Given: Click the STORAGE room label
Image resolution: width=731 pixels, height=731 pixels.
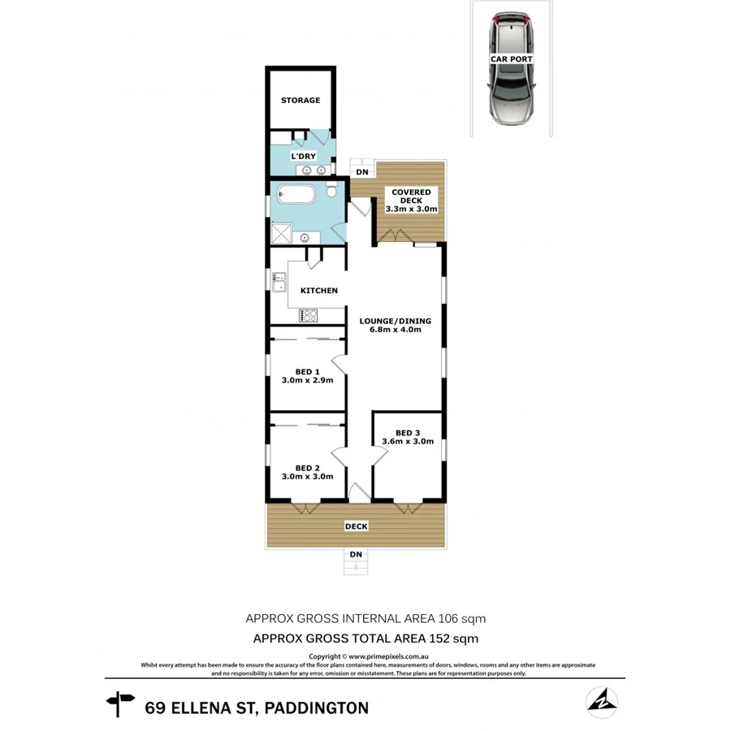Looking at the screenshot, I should pos(301,101).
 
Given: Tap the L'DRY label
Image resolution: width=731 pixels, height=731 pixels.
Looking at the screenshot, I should pos(303,156).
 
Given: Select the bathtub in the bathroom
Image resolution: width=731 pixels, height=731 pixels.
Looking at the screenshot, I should pos(297,195).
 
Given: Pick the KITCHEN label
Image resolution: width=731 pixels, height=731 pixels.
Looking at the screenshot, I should pos(319,291).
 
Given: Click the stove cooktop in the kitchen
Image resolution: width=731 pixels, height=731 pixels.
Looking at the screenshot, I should pos(309,315).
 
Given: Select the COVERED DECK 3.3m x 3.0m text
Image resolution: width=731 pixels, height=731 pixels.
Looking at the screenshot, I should pos(411,201).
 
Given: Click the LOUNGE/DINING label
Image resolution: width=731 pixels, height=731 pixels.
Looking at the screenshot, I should pos(396,326).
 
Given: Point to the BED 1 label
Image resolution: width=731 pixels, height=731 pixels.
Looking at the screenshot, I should pos(307,375).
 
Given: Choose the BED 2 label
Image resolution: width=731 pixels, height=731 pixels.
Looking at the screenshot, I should pos(307,472).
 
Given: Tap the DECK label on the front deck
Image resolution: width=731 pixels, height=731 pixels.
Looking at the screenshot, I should pos(356,526).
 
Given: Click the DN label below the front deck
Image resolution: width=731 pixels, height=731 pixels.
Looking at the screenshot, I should pos(356,555).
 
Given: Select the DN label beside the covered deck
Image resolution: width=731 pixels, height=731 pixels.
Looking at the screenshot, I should pos(362,172).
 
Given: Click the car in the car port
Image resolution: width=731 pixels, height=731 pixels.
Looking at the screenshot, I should pos(511,69).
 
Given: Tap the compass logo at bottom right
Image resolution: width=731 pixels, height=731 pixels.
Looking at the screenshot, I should pos(602,703).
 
